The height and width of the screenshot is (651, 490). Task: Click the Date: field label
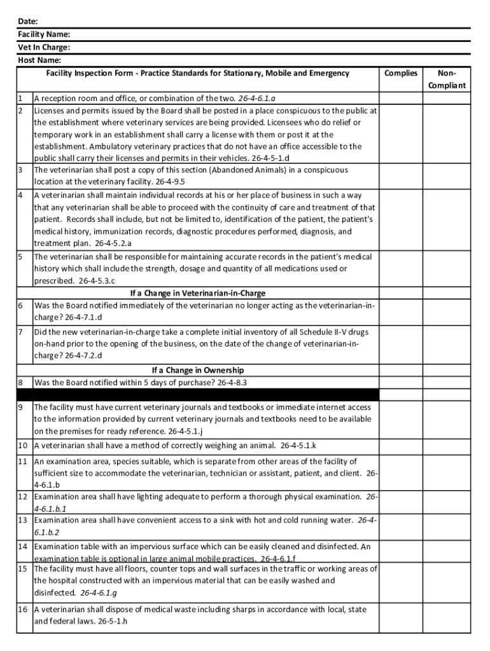click(28, 21)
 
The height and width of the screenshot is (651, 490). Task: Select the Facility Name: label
click(44, 34)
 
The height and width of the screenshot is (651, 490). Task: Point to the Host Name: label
click(39, 60)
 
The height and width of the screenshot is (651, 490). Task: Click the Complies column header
click(401, 73)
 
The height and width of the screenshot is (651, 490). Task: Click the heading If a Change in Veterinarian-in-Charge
click(198, 293)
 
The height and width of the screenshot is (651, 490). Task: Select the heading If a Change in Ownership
click(198, 370)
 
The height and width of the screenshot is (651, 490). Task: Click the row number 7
click(20, 332)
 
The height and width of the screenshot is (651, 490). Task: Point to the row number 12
click(22, 497)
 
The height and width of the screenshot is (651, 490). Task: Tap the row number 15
click(22, 569)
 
